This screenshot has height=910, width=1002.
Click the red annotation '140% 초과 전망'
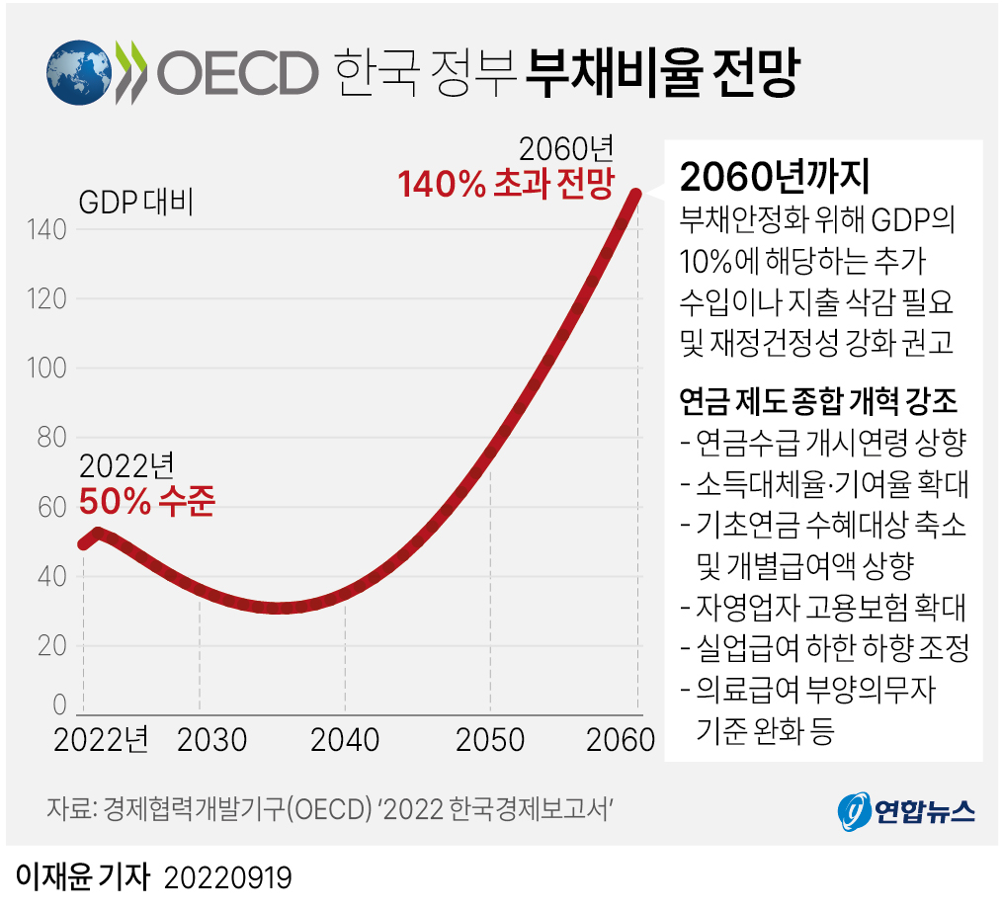[505, 185]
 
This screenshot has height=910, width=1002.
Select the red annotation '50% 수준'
[146, 502]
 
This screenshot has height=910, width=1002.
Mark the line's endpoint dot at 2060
[636, 195]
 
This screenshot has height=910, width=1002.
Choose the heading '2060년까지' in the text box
[774, 177]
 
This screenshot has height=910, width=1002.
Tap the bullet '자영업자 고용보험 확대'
[823, 606]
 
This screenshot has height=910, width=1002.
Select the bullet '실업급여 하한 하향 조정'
[825, 647]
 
